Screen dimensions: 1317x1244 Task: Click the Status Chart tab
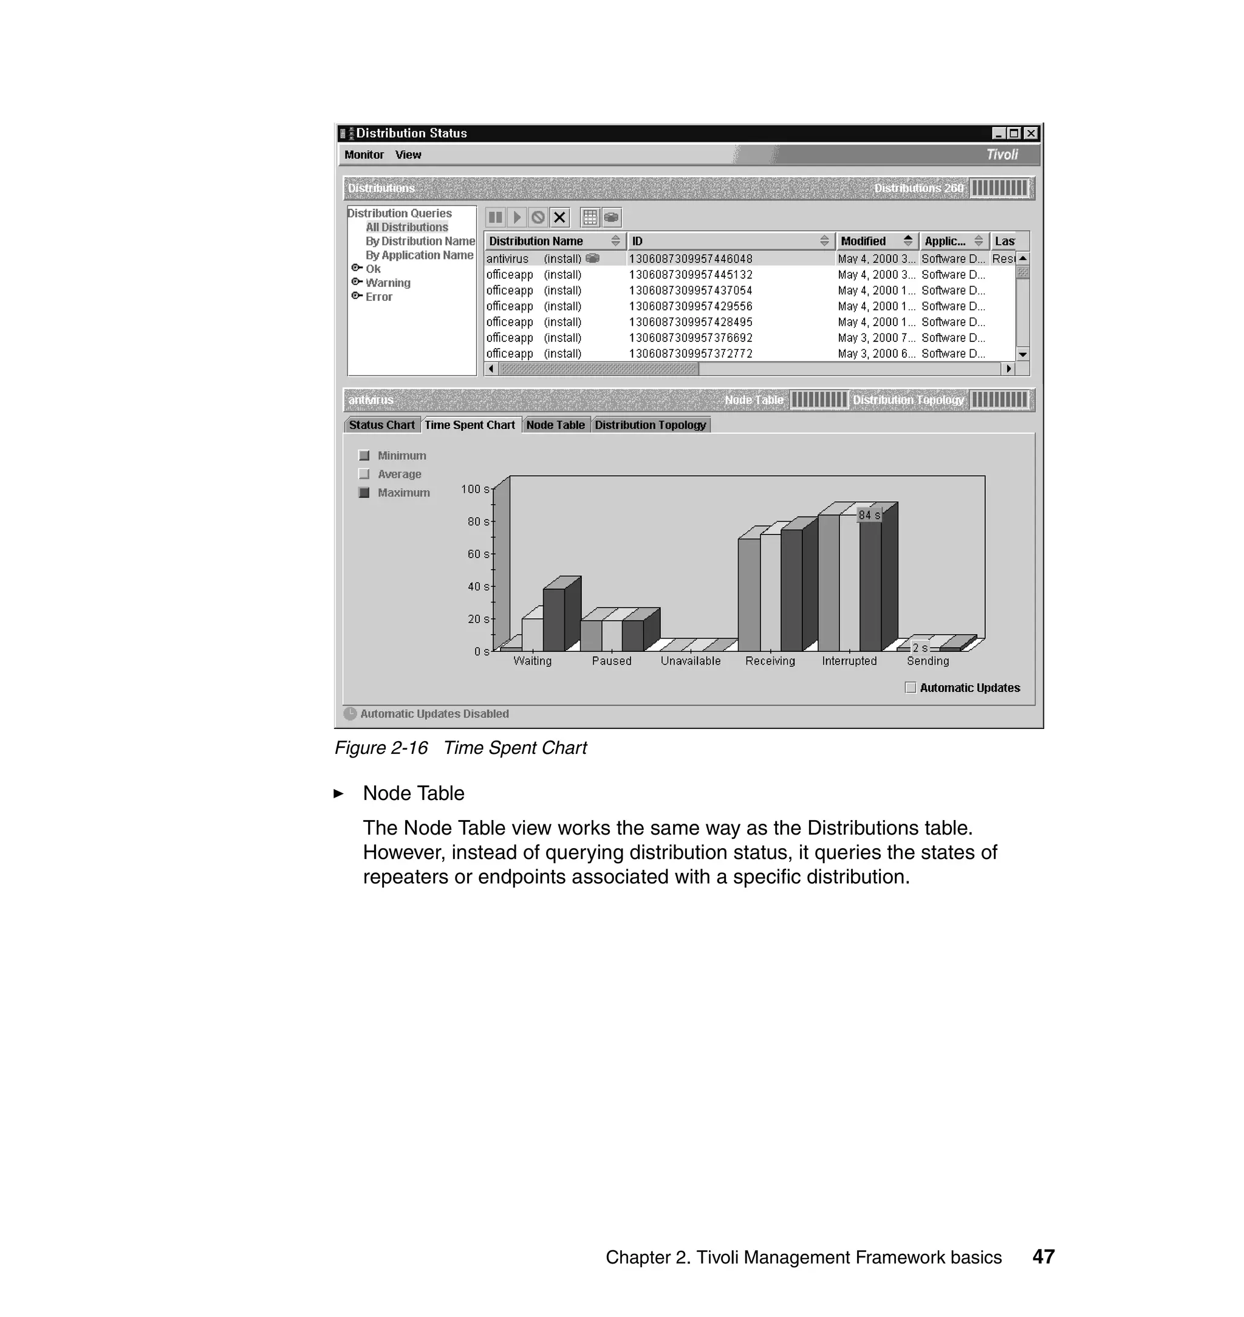tap(381, 425)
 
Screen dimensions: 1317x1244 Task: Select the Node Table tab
tap(555, 425)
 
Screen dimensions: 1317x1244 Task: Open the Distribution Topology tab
tap(650, 425)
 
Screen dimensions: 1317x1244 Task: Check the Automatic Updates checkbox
tap(911, 688)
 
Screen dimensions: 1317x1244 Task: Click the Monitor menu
tap(363, 154)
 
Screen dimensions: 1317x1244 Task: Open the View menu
tap(408, 154)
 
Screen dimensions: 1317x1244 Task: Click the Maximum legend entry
tap(403, 493)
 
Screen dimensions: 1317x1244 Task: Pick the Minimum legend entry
tap(401, 456)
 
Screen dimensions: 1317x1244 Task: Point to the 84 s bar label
tap(869, 515)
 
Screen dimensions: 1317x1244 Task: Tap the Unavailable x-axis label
tap(690, 661)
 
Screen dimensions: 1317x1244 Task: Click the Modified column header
tap(863, 241)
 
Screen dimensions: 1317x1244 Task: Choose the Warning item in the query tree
tap(388, 283)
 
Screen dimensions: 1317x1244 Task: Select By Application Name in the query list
tap(419, 255)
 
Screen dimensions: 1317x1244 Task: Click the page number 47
tap(1043, 1257)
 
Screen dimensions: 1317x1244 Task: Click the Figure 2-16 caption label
tap(381, 748)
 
